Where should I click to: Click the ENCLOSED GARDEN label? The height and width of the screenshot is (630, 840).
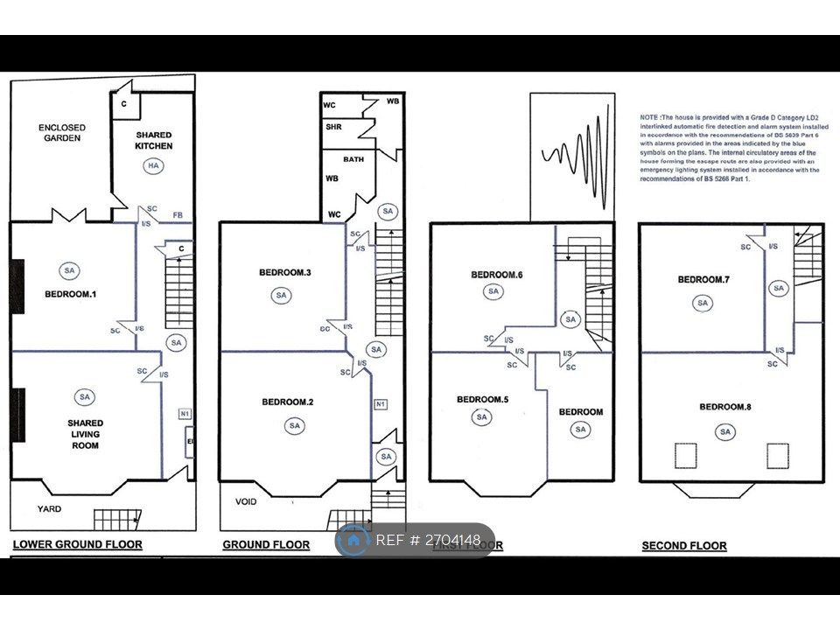coord(60,133)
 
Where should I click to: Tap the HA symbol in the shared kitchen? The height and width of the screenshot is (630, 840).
coord(154,166)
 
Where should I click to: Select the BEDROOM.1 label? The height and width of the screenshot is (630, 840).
coord(70,294)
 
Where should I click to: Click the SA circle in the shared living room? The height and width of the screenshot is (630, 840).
coord(84,397)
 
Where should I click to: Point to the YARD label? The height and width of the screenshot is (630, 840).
coord(49,508)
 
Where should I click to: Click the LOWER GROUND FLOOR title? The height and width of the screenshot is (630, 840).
coord(77,544)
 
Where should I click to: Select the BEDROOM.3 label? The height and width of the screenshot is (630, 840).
coord(285,273)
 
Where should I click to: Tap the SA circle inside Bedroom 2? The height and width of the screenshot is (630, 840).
coord(294,426)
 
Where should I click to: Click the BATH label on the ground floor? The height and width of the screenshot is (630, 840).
coord(353,159)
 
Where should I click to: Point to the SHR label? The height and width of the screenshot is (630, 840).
coord(333,126)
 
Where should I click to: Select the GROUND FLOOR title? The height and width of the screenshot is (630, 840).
coord(266,545)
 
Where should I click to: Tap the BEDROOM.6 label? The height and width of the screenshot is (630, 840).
coord(496,275)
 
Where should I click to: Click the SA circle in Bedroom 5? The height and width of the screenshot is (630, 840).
coord(481,417)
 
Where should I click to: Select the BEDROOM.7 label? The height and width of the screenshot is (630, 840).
coord(703,280)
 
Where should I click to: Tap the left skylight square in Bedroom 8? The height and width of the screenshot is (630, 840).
coord(684,456)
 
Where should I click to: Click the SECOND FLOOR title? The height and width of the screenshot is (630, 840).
coord(684,546)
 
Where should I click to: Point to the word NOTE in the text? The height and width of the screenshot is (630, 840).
coord(649,116)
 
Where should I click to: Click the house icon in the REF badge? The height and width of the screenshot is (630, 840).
coord(354,541)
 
